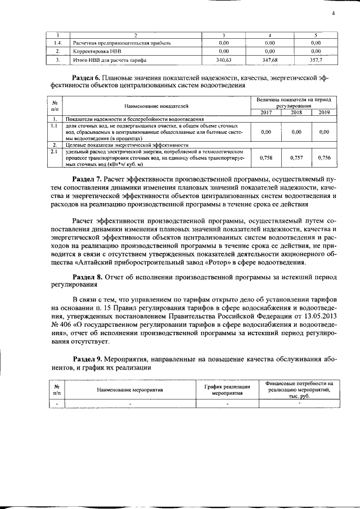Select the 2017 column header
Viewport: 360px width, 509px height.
[x=267, y=112]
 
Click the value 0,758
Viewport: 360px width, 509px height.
[x=267, y=159]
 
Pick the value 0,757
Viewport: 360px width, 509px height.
[x=296, y=159]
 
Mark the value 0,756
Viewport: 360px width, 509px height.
[x=324, y=159]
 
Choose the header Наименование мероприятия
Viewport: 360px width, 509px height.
[x=129, y=389]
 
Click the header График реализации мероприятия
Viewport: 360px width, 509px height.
[x=227, y=389]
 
